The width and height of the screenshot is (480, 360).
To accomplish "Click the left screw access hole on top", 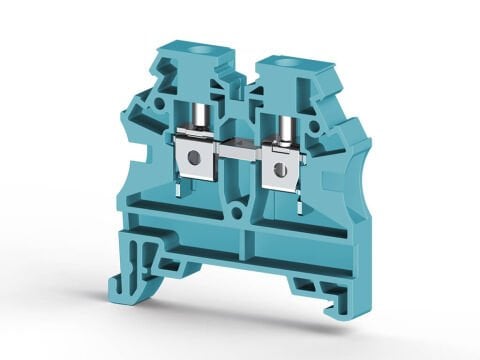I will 188,48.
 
